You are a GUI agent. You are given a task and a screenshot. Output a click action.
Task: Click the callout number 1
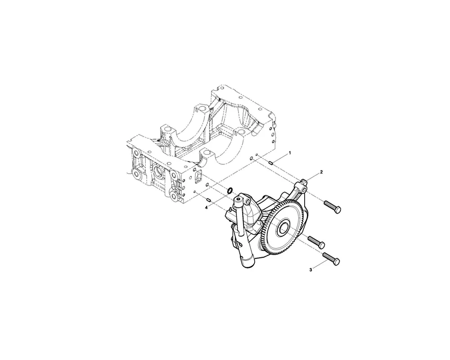pos(290,153)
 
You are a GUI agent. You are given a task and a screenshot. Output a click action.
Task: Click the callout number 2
pos(321,172)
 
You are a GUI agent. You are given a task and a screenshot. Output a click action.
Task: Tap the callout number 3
pos(311,270)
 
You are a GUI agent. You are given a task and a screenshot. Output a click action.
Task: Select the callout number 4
pos(207,207)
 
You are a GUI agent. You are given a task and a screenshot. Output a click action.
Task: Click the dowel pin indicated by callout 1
pos(270,163)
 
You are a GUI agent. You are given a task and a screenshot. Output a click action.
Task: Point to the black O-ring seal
pos(230,191)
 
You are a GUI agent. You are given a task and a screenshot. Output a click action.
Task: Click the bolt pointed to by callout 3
pos(332,258)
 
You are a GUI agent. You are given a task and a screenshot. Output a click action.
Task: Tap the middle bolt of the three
pos(316,243)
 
